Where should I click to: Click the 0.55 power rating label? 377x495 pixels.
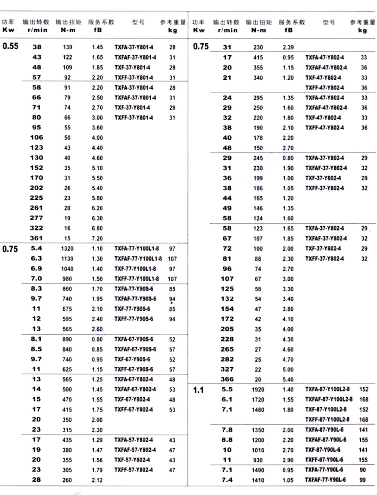click(x=11, y=46)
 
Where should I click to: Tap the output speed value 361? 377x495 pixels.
click(x=36, y=238)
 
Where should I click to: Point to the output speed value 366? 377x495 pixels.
click(x=227, y=380)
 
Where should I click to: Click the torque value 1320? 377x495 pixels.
click(x=67, y=248)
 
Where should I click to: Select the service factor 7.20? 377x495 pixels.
click(x=97, y=238)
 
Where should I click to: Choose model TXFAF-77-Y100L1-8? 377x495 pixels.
click(x=138, y=258)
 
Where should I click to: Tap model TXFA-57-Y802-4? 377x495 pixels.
click(x=133, y=440)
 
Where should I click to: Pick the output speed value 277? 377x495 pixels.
click(x=37, y=218)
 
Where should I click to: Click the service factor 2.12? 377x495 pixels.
click(x=97, y=480)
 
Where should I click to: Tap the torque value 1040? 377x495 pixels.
click(x=67, y=268)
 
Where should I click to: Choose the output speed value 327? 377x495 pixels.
click(x=227, y=369)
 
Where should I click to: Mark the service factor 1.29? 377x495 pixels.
click(x=97, y=440)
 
